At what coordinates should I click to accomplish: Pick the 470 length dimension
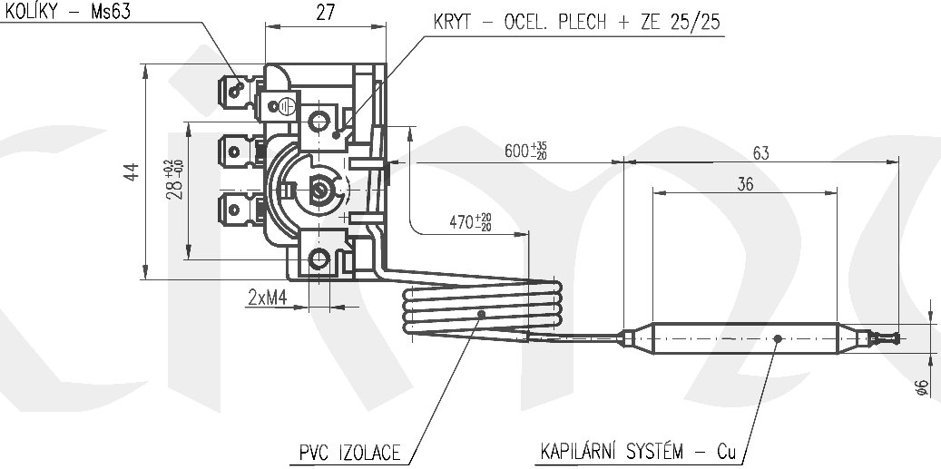[470, 220]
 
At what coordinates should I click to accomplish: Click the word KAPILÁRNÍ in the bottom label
[581, 451]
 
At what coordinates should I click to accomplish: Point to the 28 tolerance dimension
[174, 178]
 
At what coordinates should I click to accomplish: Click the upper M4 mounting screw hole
[320, 120]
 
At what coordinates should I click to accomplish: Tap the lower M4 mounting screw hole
[320, 260]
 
